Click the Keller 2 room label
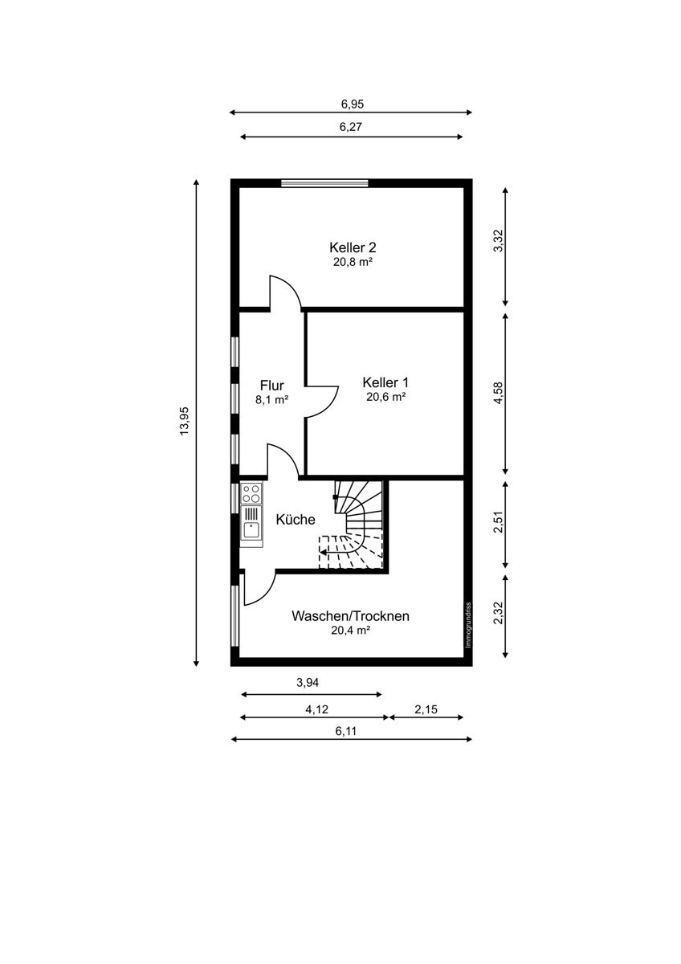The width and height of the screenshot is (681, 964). pyautogui.click(x=353, y=247)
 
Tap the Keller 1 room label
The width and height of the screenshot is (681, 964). pyautogui.click(x=385, y=382)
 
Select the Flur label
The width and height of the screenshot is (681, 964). pyautogui.click(x=272, y=385)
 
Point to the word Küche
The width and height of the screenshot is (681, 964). pyautogui.click(x=295, y=520)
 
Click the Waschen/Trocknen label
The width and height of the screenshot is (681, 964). pyautogui.click(x=350, y=616)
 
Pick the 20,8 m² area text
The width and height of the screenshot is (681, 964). pyautogui.click(x=353, y=262)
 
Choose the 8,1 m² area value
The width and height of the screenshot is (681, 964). pyautogui.click(x=272, y=400)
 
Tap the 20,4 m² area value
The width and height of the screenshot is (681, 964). pyautogui.click(x=351, y=631)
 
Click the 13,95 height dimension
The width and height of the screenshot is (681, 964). pyautogui.click(x=184, y=421)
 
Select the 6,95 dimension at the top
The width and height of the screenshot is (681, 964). pyautogui.click(x=353, y=104)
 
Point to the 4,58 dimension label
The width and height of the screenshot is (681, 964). pyautogui.click(x=498, y=393)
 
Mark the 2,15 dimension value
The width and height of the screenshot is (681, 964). pyautogui.click(x=426, y=709)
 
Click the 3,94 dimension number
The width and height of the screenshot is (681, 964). pyautogui.click(x=308, y=683)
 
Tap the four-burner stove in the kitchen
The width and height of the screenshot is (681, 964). pyautogui.click(x=251, y=493)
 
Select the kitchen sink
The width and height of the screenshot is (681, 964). pyautogui.click(x=251, y=529)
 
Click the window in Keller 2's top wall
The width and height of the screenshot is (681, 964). pyautogui.click(x=324, y=183)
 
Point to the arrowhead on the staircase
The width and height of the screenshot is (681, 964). pyautogui.click(x=323, y=552)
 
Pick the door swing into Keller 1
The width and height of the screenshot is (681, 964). pyautogui.click(x=322, y=402)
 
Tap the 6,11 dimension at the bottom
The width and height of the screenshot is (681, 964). pyautogui.click(x=346, y=731)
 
